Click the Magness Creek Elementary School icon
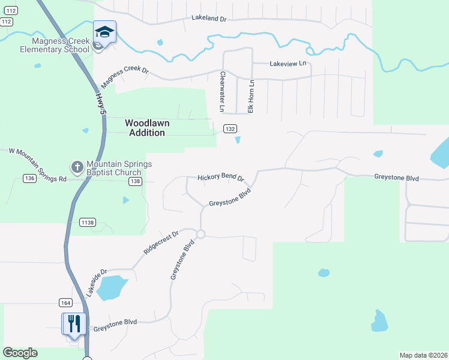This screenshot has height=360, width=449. click(x=104, y=32)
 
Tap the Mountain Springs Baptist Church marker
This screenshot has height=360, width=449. click(x=77, y=166)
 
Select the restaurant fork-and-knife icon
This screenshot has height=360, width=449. click(x=74, y=324)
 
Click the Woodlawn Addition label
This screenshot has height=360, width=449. click(x=147, y=128)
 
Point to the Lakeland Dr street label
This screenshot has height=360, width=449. click(x=209, y=19)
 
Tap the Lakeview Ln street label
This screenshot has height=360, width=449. click(x=288, y=63)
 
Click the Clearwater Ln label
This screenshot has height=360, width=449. click(x=222, y=92)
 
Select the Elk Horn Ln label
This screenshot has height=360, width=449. click(x=252, y=96)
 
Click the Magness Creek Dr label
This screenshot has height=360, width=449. click(x=125, y=76)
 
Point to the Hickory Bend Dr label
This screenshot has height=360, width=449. click(x=221, y=178)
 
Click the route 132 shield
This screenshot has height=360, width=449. click(x=229, y=129)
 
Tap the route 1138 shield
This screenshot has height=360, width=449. click(x=87, y=223)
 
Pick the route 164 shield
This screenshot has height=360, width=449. click(x=65, y=302)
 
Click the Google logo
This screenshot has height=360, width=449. click(x=20, y=353)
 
